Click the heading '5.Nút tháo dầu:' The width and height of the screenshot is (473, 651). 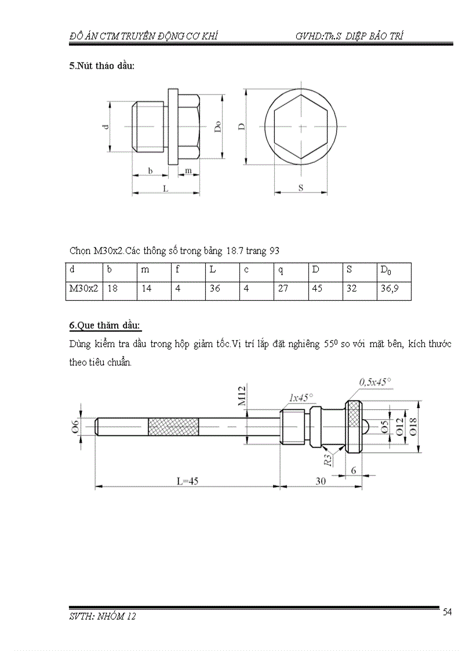(102, 66)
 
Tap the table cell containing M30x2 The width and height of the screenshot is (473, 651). (83, 288)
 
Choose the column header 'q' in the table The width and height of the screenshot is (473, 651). (281, 270)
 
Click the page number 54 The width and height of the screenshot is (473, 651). (447, 612)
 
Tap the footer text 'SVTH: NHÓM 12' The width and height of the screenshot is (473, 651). (102, 617)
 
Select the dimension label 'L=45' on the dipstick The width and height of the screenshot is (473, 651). (187, 481)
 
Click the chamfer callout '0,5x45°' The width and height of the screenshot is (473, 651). (375, 381)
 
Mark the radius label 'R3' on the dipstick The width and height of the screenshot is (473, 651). (328, 461)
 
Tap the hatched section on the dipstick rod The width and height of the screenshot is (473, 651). (173, 427)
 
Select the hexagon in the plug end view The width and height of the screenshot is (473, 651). (301, 127)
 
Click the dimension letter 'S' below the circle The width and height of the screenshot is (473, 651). (301, 188)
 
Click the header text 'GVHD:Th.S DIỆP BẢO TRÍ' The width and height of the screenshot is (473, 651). (349, 36)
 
